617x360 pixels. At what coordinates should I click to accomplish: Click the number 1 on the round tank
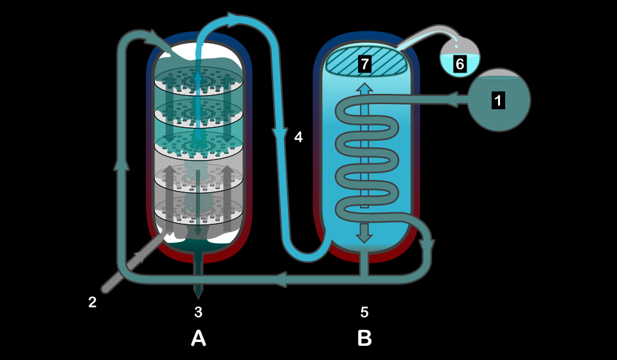[x=498, y=100]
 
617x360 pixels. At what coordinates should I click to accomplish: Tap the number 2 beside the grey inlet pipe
[x=92, y=302]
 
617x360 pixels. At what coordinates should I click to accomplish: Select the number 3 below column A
[x=199, y=312]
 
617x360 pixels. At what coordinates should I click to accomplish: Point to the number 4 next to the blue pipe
[x=298, y=137]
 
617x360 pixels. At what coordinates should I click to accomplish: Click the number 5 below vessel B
[x=364, y=312]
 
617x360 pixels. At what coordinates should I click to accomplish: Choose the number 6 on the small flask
[x=460, y=64]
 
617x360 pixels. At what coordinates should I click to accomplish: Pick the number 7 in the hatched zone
[x=365, y=64]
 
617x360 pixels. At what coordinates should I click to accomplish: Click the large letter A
[x=199, y=338]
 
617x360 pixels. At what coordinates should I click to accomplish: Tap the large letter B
[x=364, y=338]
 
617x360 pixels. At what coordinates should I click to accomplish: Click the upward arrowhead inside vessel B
[x=364, y=89]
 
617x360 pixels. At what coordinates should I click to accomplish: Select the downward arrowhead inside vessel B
[x=364, y=237]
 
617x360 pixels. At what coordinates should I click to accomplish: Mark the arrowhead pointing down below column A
[x=198, y=293]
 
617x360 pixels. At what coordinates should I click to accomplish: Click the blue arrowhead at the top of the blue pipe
[x=232, y=20]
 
